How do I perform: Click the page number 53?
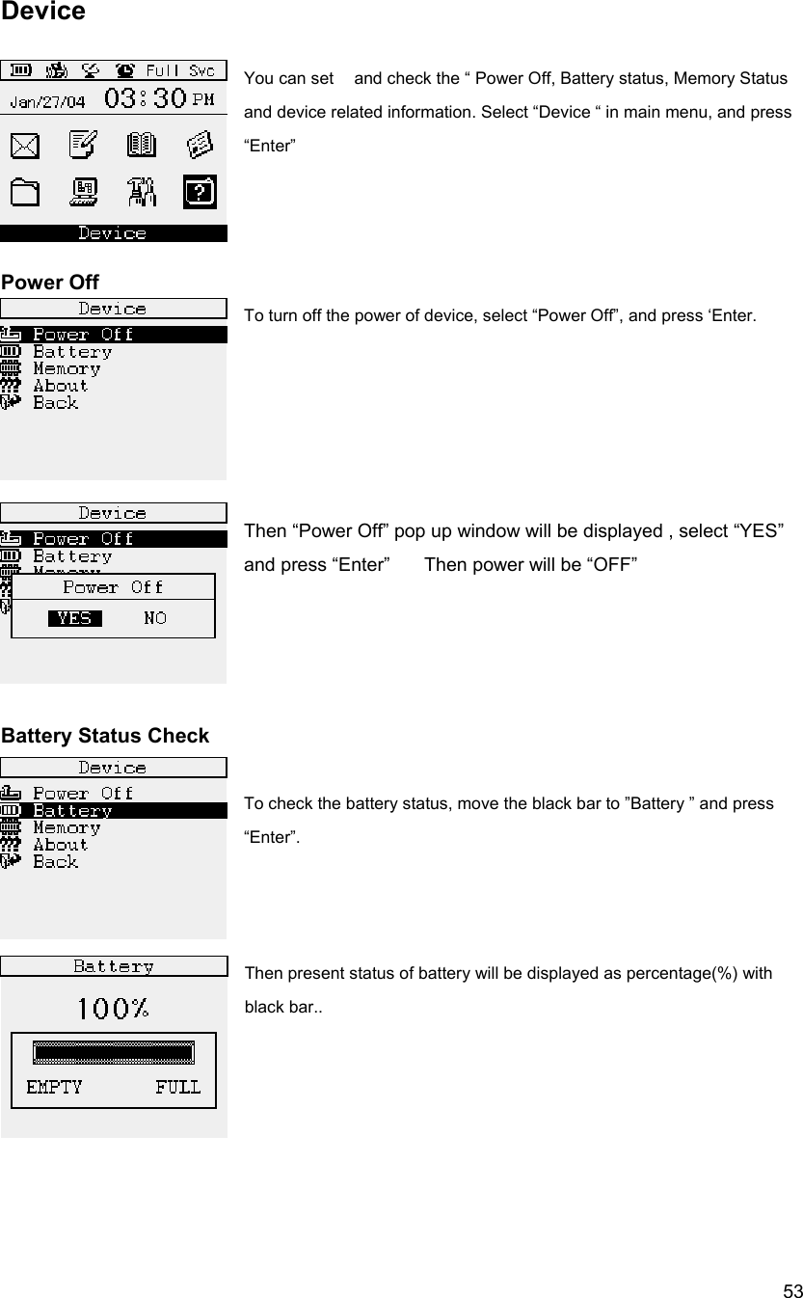791,1290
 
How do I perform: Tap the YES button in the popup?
74,618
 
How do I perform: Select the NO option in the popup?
154,618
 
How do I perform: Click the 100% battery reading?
113,1009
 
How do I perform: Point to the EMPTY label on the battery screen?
54,1087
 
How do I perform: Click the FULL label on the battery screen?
177,1087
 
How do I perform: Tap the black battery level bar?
113,1052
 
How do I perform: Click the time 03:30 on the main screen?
145,98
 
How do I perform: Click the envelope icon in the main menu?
26,146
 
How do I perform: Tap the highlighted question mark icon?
200,193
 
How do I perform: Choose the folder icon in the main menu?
26,193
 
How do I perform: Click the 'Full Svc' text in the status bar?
180,70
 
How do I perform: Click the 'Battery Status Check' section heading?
105,736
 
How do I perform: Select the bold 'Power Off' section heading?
50,283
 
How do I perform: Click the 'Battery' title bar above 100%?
113,965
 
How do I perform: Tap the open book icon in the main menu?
142,146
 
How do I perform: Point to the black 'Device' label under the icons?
113,233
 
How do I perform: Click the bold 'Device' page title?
43,12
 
